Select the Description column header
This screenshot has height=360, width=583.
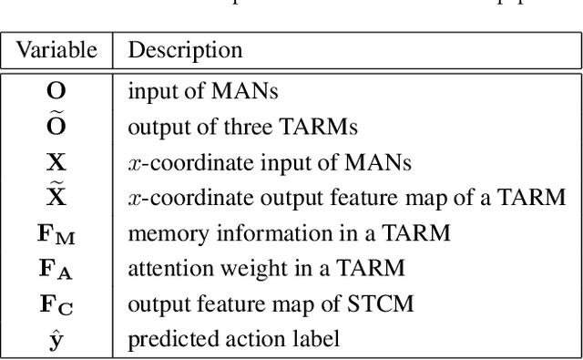[185, 50]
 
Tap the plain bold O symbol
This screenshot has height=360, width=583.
[56, 92]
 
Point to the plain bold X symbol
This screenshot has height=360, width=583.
[56, 163]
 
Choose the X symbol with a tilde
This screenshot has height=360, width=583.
[56, 196]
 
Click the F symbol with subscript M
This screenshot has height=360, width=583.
[56, 233]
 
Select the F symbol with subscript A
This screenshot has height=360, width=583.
[56, 269]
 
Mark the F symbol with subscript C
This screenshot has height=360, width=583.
[56, 304]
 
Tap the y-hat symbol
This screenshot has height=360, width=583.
[56, 340]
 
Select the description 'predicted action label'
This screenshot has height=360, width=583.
[233, 340]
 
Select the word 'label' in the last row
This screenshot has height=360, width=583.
[318, 340]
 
